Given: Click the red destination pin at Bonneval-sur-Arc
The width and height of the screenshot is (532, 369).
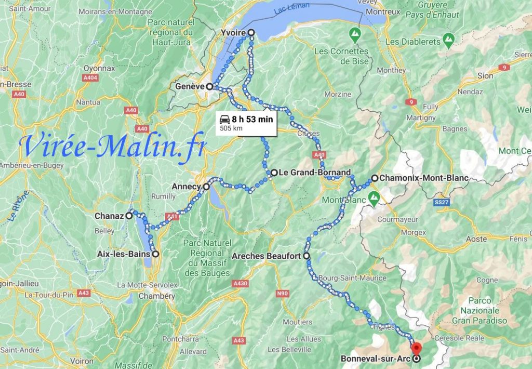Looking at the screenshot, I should (x=416, y=348).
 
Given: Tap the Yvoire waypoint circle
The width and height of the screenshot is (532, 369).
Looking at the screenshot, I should (x=251, y=33).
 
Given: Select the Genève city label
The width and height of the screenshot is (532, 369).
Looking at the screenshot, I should (x=190, y=86).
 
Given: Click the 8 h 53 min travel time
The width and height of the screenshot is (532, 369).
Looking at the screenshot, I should (x=252, y=119).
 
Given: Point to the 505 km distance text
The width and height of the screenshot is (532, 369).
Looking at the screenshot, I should (x=232, y=128).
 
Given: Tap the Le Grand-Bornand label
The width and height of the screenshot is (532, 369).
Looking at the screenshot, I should (x=315, y=172).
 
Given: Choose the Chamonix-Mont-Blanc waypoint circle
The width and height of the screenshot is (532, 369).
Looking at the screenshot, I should (x=374, y=178).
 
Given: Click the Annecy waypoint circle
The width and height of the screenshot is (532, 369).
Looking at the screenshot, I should (x=206, y=186).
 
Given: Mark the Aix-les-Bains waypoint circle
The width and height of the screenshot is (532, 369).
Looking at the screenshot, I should (x=155, y=254).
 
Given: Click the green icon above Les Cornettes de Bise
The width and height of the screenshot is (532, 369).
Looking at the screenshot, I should (x=355, y=36).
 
